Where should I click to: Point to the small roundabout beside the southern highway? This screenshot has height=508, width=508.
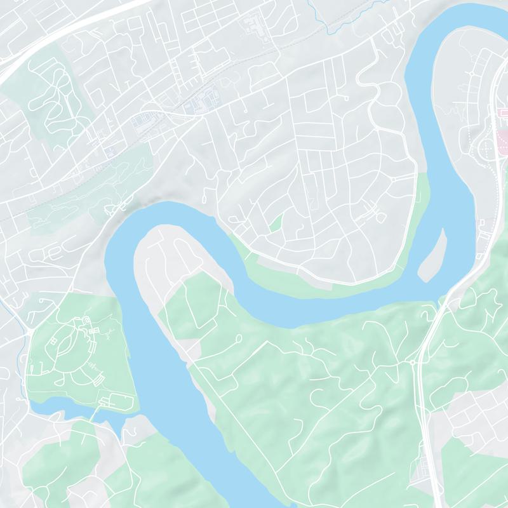[x=413, y=363]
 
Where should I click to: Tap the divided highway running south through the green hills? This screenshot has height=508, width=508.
[x=424, y=406]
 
